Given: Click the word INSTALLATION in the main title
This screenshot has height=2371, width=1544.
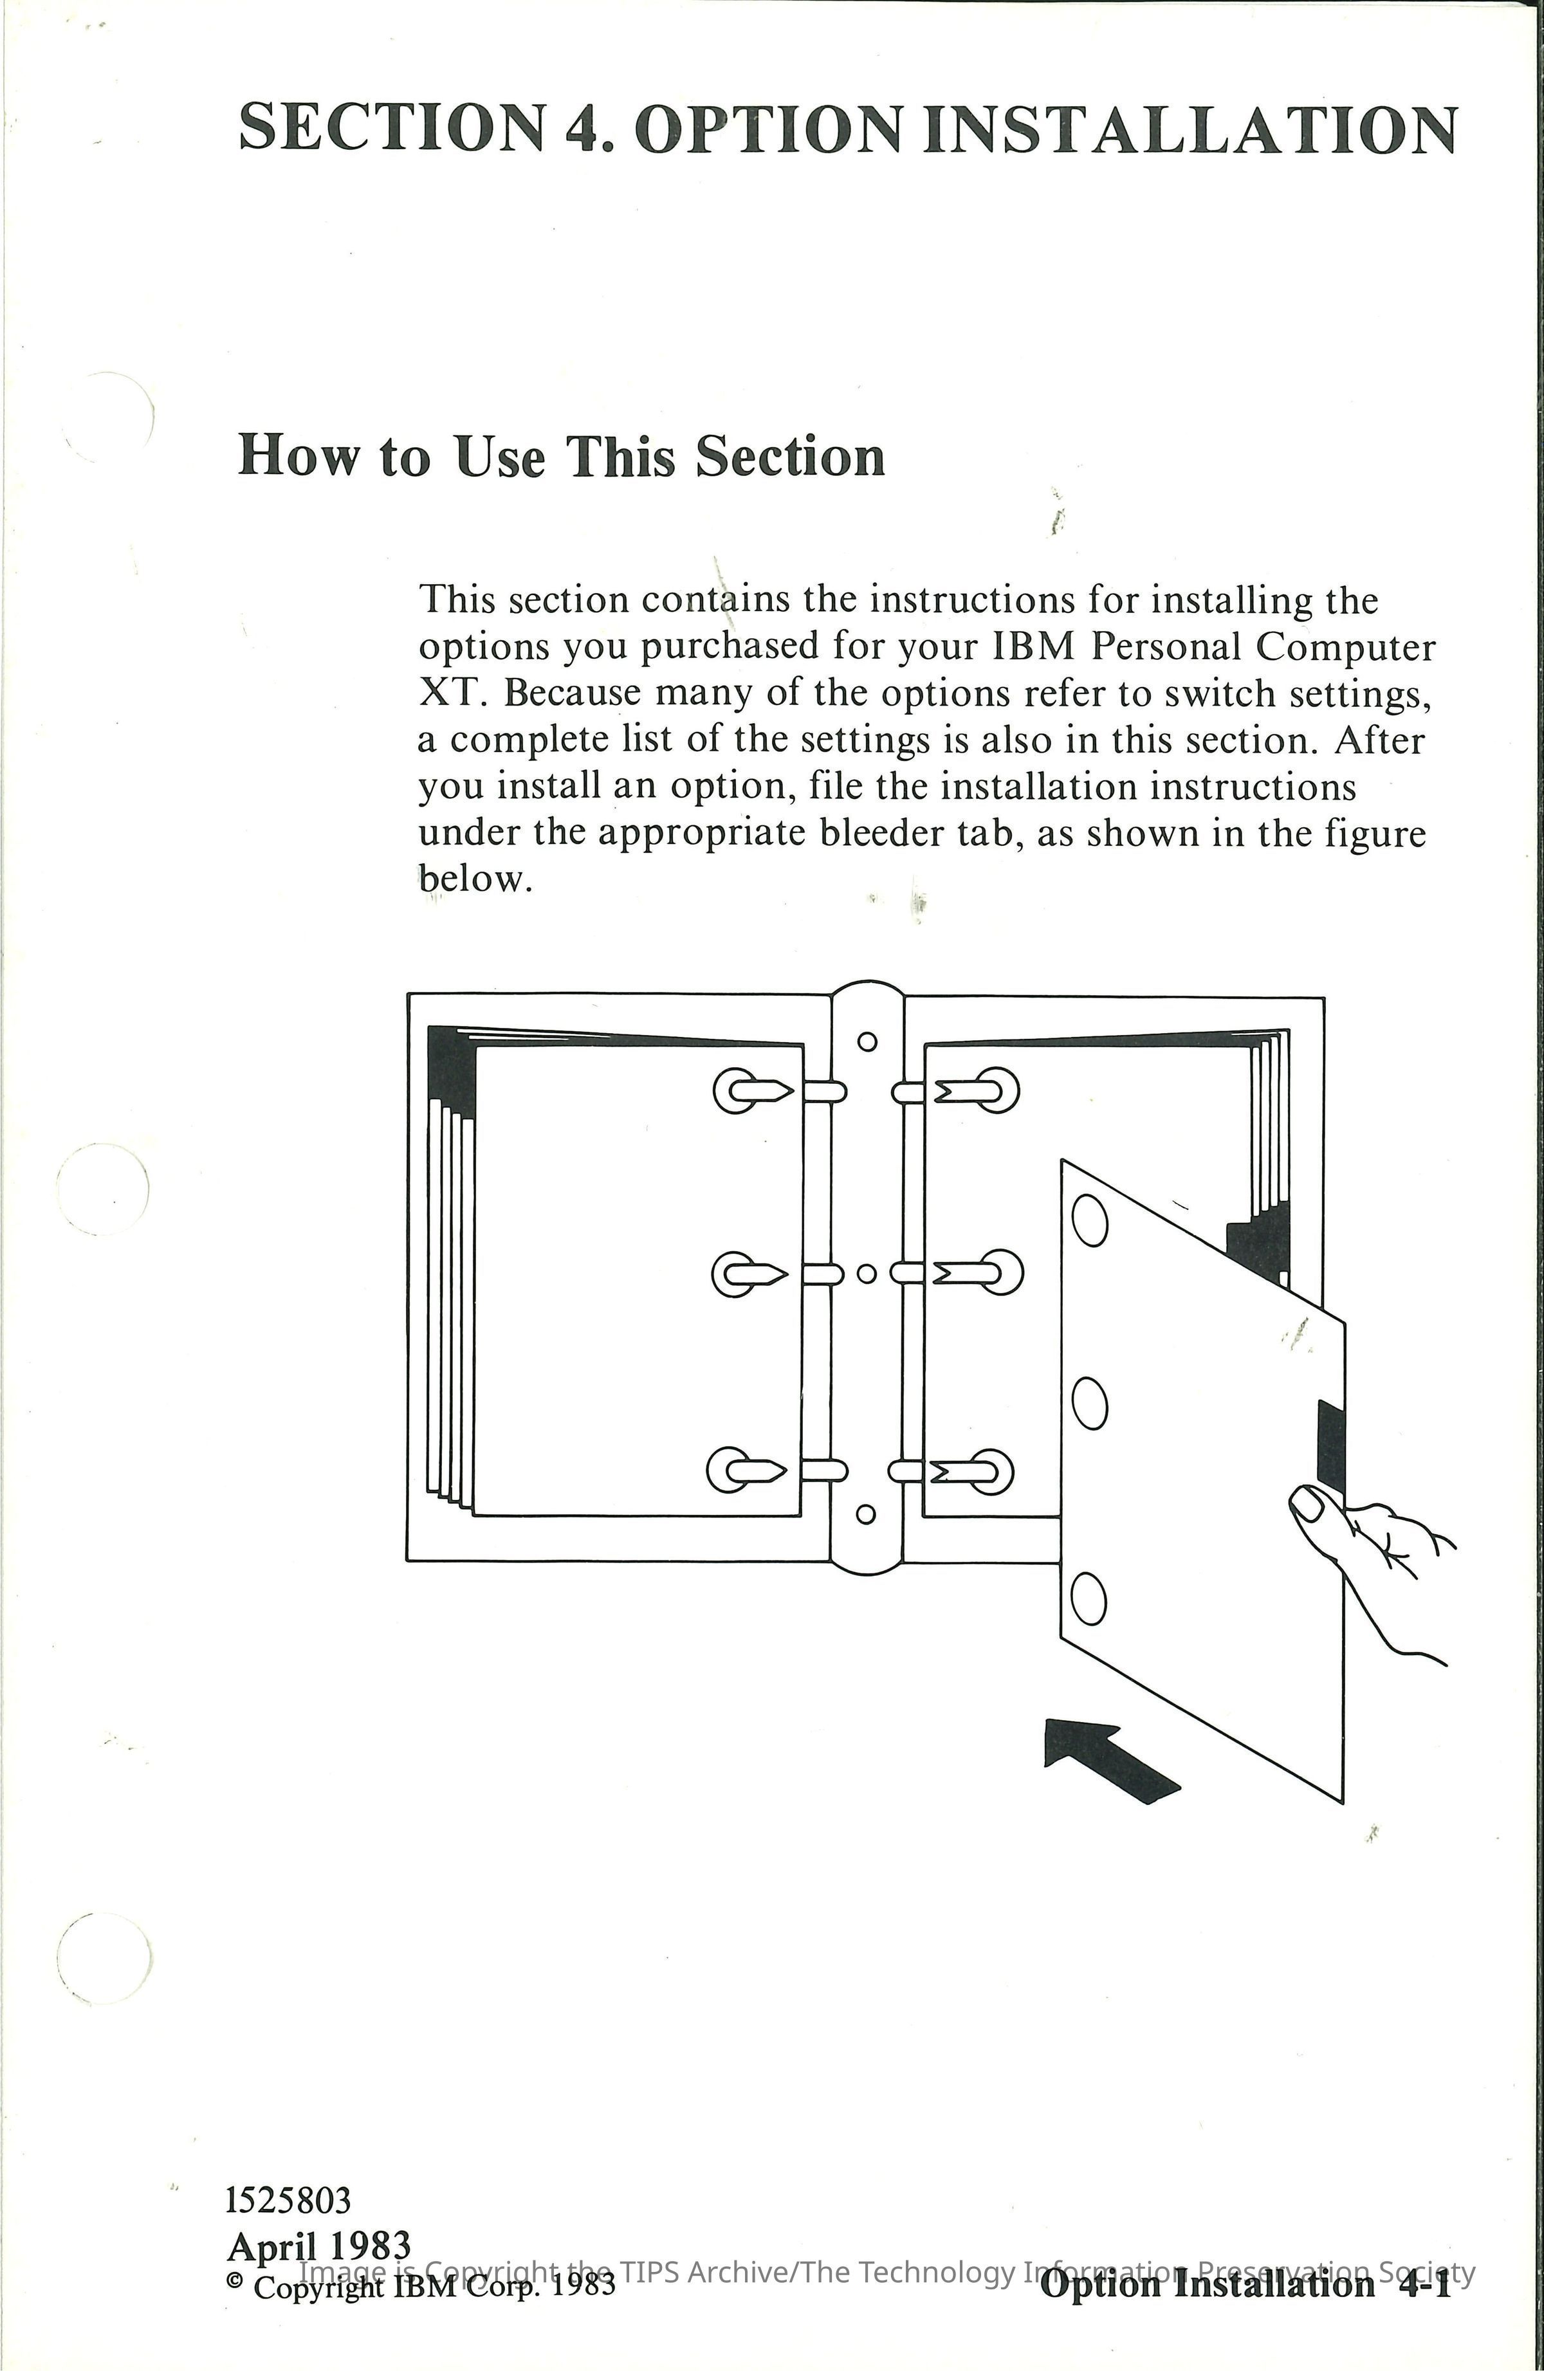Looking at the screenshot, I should (1190, 129).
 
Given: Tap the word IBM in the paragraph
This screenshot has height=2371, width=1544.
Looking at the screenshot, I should (1033, 648).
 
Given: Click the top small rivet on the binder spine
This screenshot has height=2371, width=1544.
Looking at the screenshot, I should (867, 1041).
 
